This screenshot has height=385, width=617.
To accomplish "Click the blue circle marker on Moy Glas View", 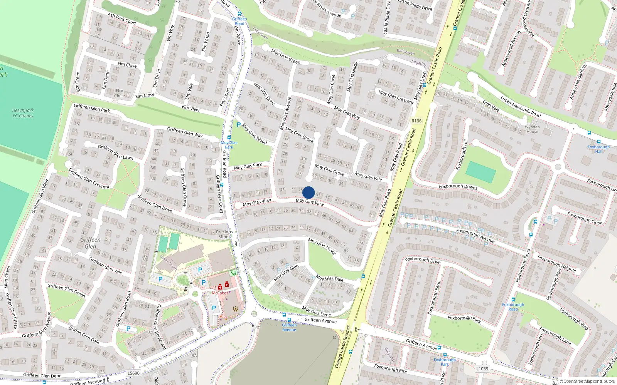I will tap(308, 192).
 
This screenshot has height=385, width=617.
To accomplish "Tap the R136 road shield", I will tap(416, 121).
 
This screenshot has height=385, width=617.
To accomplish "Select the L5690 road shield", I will tap(133, 373).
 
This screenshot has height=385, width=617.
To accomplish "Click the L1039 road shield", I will tap(482, 368).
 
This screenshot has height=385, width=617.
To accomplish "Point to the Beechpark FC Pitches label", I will tap(23, 113).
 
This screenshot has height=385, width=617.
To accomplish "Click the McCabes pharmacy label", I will tap(220, 293).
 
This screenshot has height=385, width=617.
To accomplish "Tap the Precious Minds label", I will tap(224, 234).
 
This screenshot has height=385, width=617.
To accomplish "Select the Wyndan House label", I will tap(532, 129).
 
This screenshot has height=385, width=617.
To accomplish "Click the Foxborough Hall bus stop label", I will tap(598, 149).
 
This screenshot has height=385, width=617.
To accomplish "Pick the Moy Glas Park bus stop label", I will tap(229, 145).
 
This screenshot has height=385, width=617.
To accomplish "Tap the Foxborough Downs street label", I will tap(458, 187).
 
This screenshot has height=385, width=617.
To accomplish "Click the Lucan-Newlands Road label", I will tap(521, 106).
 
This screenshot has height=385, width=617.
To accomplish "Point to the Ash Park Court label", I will tap(122, 18).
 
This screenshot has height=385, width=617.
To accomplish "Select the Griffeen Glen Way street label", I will tap(185, 132).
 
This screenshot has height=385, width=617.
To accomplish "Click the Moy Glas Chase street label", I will tap(322, 246).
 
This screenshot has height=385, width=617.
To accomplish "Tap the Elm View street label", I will tap(190, 108).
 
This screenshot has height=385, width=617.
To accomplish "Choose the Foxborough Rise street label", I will tap(390, 368).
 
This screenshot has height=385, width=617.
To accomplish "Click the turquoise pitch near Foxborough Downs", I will tap(480, 172).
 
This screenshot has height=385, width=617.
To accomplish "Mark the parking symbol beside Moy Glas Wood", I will tap(238, 125).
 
